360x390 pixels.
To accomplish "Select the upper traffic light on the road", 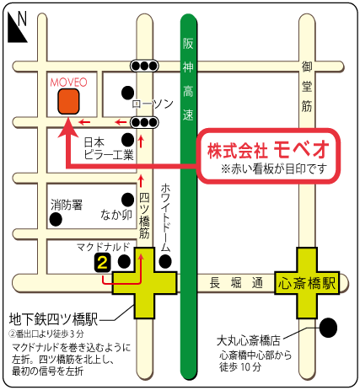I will (x=144, y=66).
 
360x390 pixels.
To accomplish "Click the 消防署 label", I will (x=66, y=205).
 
